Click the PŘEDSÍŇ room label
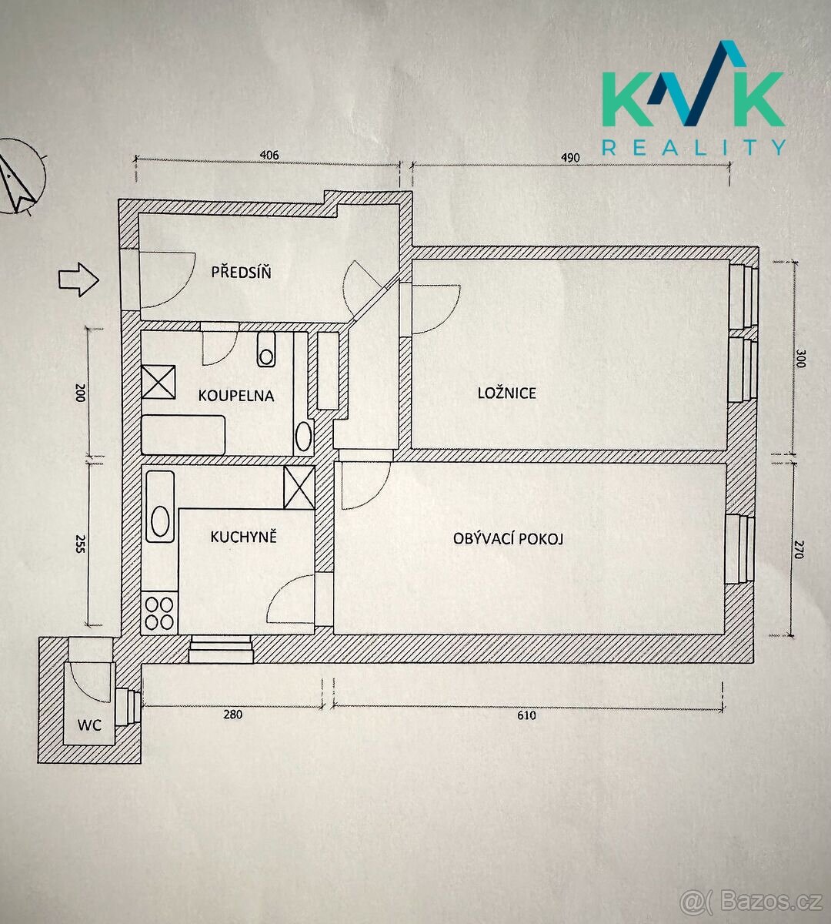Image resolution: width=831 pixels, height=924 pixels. coord(242,272)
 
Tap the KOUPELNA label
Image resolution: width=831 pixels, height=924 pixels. coord(236,396)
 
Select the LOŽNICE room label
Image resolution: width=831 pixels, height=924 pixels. coord(507,393)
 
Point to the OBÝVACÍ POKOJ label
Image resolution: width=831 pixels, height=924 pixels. coord(509,538)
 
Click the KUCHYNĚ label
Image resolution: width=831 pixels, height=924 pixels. coord(244,537)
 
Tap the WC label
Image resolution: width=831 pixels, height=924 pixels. coord(89,725)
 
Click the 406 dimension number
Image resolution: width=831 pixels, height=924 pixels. coord(269,155)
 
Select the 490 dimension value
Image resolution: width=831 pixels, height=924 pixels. coord(570,158)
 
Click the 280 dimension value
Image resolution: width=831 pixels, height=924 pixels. coord(232,714)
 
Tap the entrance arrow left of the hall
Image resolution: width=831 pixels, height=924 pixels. coord(78,280)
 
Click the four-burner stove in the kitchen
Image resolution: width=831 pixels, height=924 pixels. coord(160,613)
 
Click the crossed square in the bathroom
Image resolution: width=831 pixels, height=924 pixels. coord(159,382)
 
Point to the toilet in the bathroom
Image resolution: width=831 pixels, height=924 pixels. coord(266,350)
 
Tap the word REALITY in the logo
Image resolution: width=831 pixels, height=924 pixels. coord(694,147)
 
